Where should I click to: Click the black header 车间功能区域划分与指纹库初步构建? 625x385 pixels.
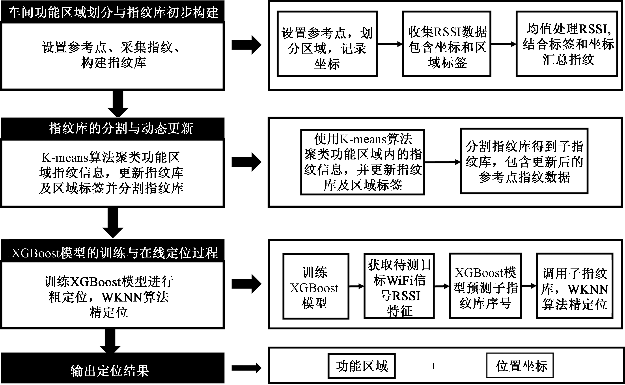coord(113,12)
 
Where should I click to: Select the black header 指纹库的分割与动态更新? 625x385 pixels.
coord(113,128)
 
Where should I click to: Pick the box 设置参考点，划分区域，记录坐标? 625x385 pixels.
coord(327,44)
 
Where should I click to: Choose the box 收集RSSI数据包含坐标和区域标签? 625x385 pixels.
coord(447,44)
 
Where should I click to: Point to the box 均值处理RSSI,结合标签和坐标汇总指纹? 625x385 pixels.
coord(567,44)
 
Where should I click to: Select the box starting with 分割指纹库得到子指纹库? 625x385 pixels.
coord(524,161)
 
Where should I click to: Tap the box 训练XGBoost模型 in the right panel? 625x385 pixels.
coord(316,286)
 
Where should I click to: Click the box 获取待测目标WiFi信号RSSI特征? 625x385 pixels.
coord(399,286)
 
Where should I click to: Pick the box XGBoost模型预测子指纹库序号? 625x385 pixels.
coord(485,286)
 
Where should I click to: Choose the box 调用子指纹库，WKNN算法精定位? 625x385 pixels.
coord(575,286)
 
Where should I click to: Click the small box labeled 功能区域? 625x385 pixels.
coord(362,366)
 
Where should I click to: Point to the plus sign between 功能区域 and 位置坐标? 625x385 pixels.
coord(433,366)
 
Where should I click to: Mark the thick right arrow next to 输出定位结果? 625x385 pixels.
coord(246,368)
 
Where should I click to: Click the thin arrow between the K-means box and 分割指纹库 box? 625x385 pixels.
coord(442,162)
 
